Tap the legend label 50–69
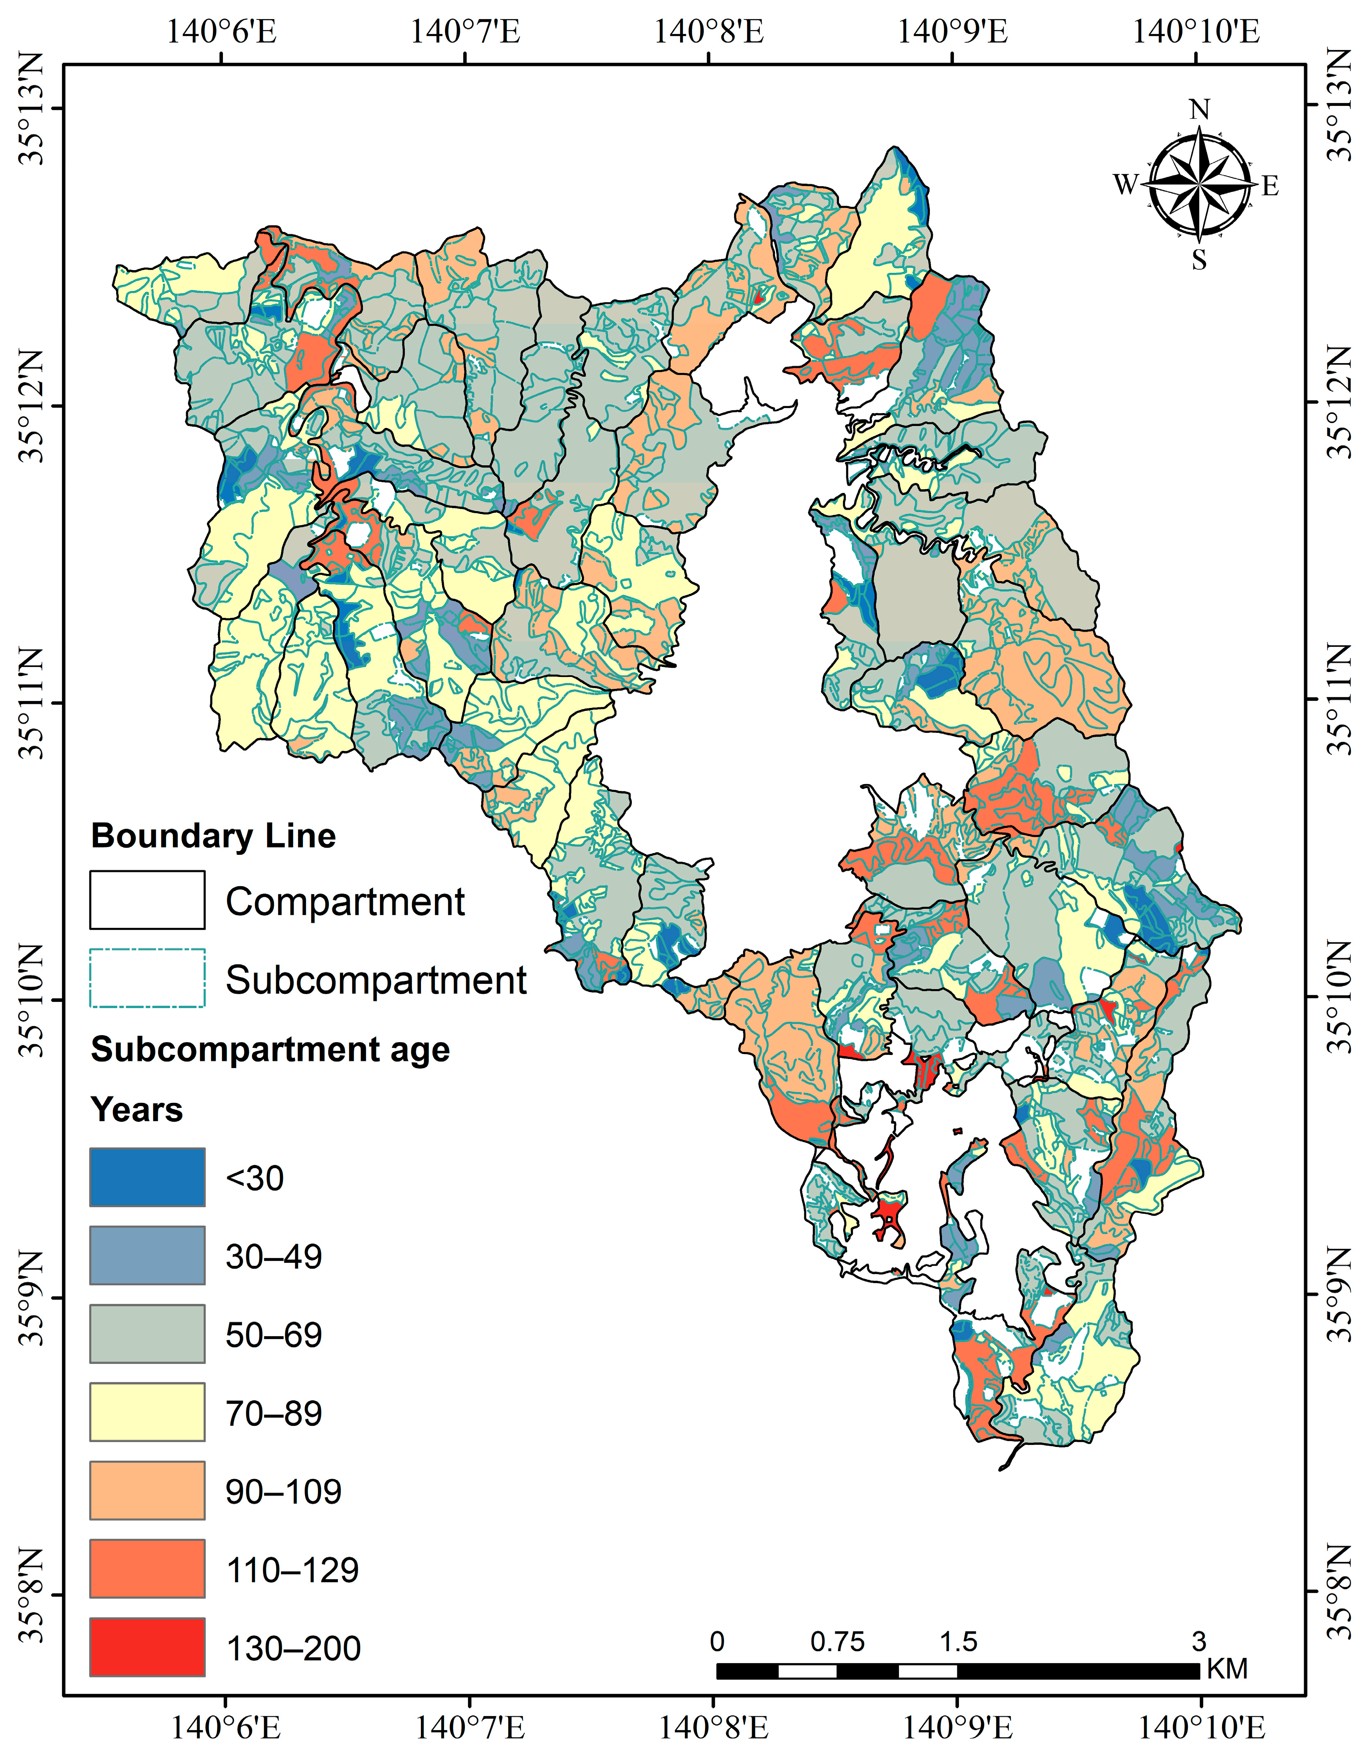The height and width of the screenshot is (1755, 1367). [273, 1335]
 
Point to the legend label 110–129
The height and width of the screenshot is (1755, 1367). [292, 1569]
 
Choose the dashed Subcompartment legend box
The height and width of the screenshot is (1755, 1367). [147, 978]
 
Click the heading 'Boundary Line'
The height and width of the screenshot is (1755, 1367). [213, 836]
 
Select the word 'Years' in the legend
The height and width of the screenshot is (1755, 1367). [136, 1110]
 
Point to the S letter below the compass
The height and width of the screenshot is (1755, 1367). [1199, 260]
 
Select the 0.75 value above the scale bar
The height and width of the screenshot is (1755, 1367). [837, 1642]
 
